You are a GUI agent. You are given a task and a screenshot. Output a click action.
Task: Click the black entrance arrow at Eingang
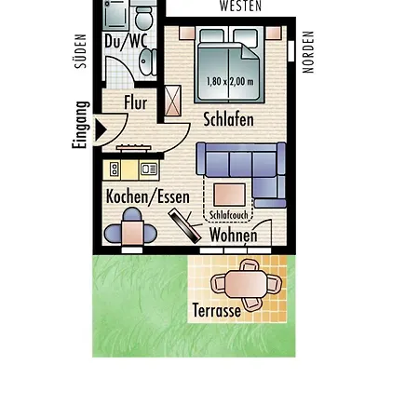pyautogui.click(x=101, y=129)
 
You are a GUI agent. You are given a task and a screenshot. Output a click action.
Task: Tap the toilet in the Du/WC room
pyautogui.click(x=144, y=18)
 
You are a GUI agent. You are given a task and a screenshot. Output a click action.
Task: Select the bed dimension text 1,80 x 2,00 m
pyautogui.click(x=230, y=82)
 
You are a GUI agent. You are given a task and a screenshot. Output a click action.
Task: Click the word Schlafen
pyautogui.click(x=228, y=119)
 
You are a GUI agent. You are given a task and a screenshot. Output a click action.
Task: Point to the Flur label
pyautogui.click(x=136, y=102)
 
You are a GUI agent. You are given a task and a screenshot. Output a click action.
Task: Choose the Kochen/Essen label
pyautogui.click(x=148, y=196)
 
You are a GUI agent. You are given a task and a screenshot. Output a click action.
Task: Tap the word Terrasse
pyautogui.click(x=217, y=310)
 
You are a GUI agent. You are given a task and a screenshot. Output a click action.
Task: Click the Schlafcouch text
pyautogui.click(x=229, y=215)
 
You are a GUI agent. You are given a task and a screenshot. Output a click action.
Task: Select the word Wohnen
pyautogui.click(x=234, y=235)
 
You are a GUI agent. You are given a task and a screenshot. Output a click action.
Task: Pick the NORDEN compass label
pyautogui.click(x=308, y=52)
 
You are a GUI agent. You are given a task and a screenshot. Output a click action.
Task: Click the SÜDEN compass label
pyautogui.click(x=80, y=51)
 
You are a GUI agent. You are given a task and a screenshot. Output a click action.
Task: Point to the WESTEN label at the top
pyautogui.click(x=240, y=6)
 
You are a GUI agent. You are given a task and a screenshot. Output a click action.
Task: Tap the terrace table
pyautogui.click(x=246, y=284)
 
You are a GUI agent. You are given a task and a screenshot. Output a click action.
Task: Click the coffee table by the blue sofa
pyautogui.click(x=229, y=195)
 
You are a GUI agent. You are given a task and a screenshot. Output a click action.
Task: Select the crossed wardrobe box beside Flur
pyautogui.click(x=172, y=101)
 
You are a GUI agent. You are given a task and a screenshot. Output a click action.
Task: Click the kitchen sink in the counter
pyautogui.click(x=149, y=169)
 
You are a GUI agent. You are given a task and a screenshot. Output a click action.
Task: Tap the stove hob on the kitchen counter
pyautogui.click(x=115, y=169)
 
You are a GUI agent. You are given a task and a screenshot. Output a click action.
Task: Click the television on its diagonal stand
pyautogui.click(x=185, y=226)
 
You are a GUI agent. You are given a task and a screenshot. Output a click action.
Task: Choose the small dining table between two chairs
pyautogui.click(x=132, y=234)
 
